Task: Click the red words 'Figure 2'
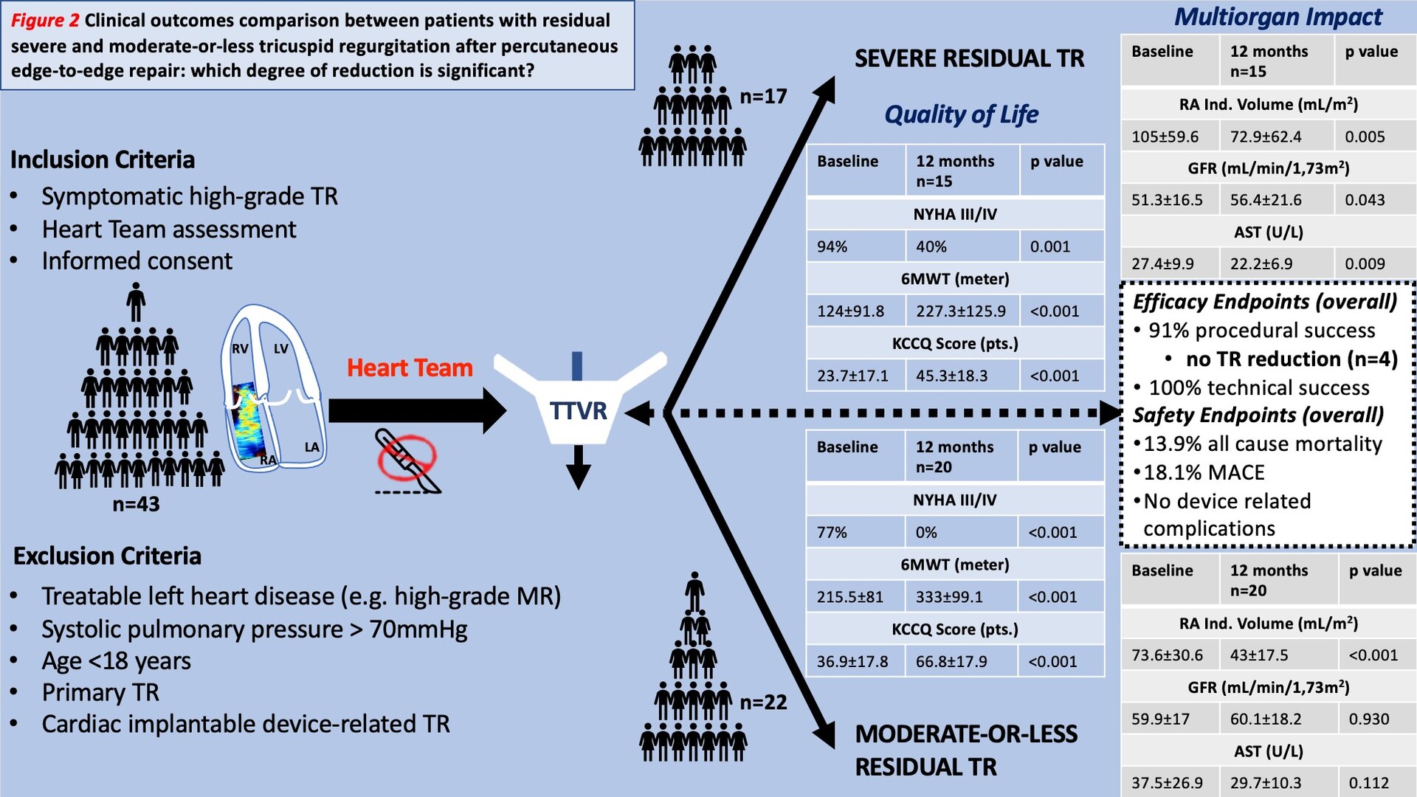click(x=44, y=20)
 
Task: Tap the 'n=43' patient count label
click(x=136, y=505)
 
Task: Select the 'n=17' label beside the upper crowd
click(x=763, y=97)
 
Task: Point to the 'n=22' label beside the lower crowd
click(x=763, y=703)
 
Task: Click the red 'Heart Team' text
click(x=410, y=368)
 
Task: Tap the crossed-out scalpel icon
click(x=407, y=459)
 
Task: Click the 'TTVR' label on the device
click(x=578, y=410)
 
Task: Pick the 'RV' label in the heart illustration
click(x=241, y=348)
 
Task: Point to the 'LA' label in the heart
click(x=312, y=447)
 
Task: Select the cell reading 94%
click(x=832, y=247)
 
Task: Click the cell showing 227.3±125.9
click(x=961, y=311)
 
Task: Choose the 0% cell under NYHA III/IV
click(x=926, y=533)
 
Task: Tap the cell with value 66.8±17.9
click(x=951, y=662)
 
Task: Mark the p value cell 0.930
click(x=1368, y=720)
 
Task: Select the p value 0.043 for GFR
click(x=1365, y=200)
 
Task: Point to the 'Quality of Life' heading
click(x=961, y=114)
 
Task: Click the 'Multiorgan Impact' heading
click(x=1278, y=16)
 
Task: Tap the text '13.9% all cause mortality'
click(x=1262, y=444)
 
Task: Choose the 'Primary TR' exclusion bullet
click(x=100, y=693)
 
